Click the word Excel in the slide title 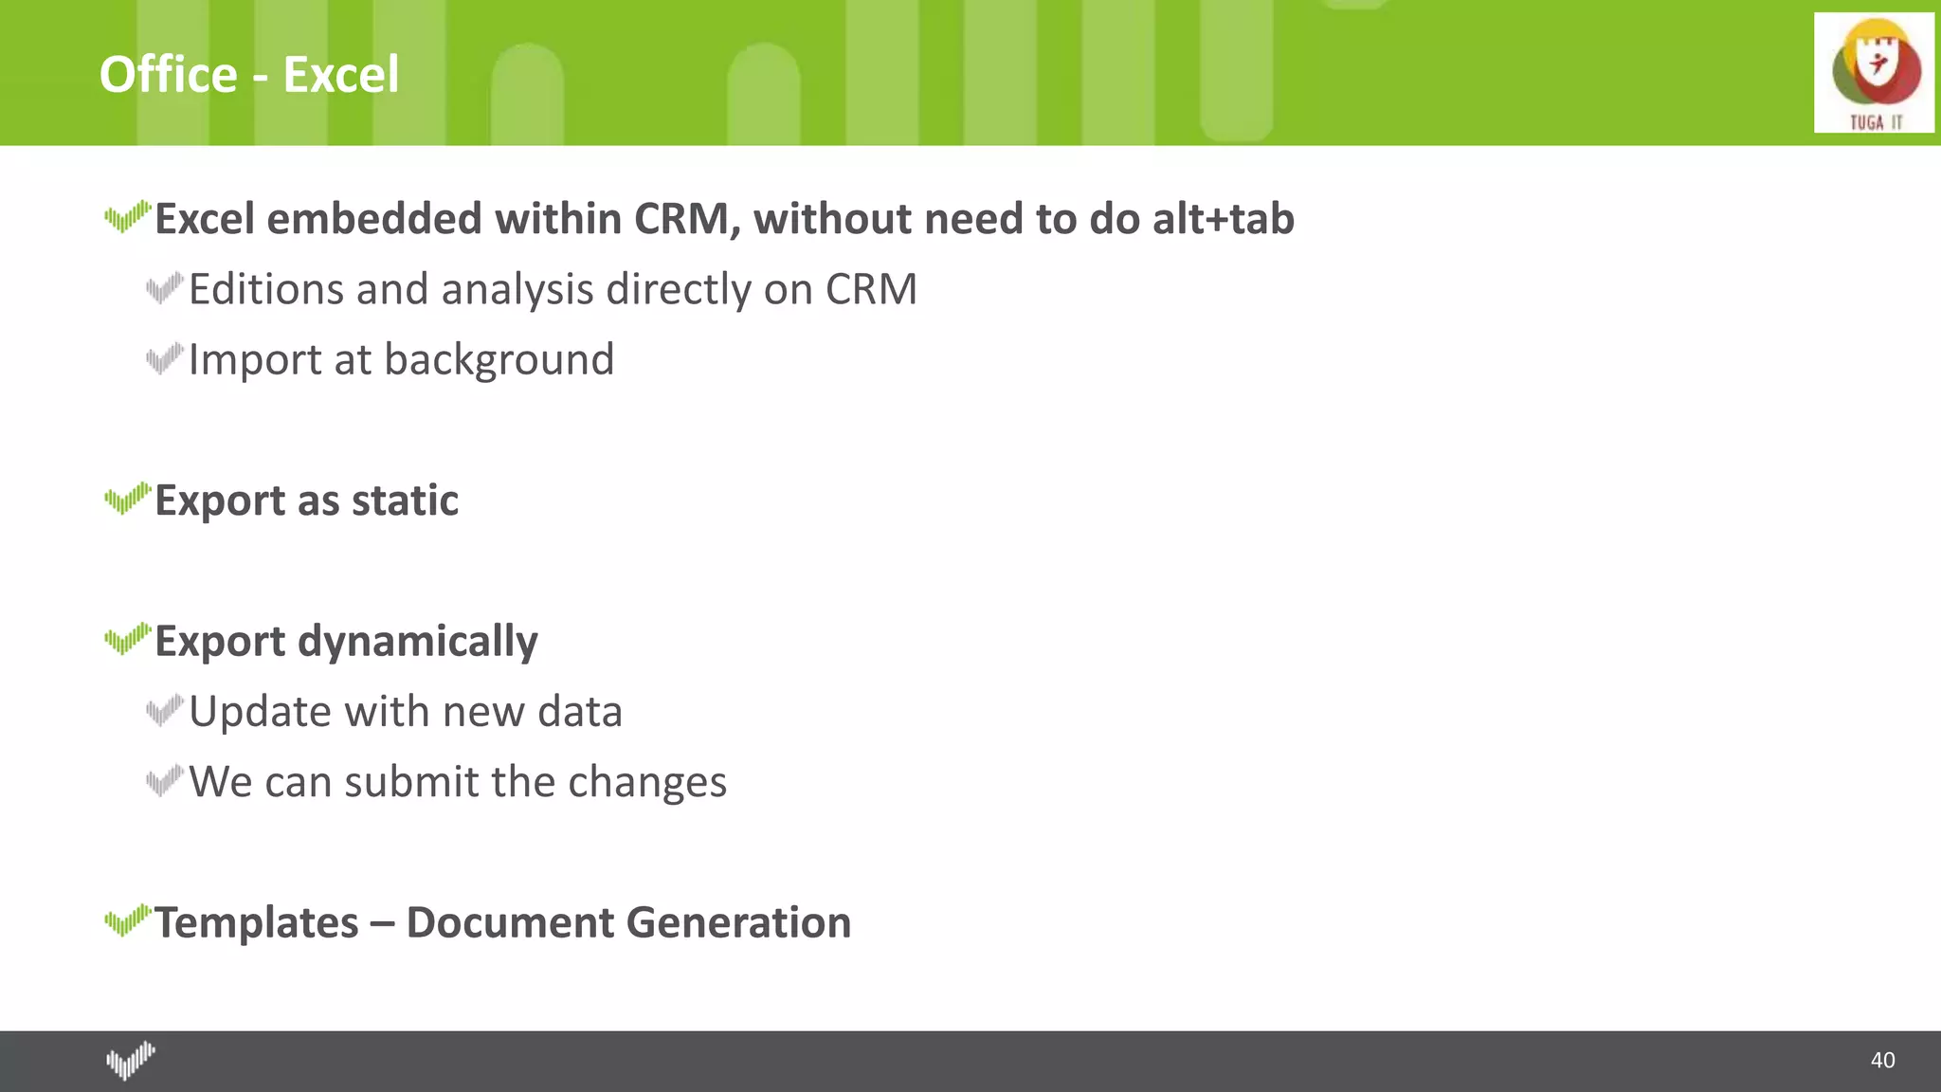tap(341, 75)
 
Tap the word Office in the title tap(169, 75)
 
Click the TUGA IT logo tap(1874, 73)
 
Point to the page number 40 tap(1882, 1060)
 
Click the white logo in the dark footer tap(131, 1060)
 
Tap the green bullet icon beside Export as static tap(127, 498)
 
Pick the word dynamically tap(417, 643)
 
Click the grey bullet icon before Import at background tap(164, 358)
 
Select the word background tap(499, 360)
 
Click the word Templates tap(257, 923)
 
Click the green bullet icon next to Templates tap(127, 919)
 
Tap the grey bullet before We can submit tap(164, 781)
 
